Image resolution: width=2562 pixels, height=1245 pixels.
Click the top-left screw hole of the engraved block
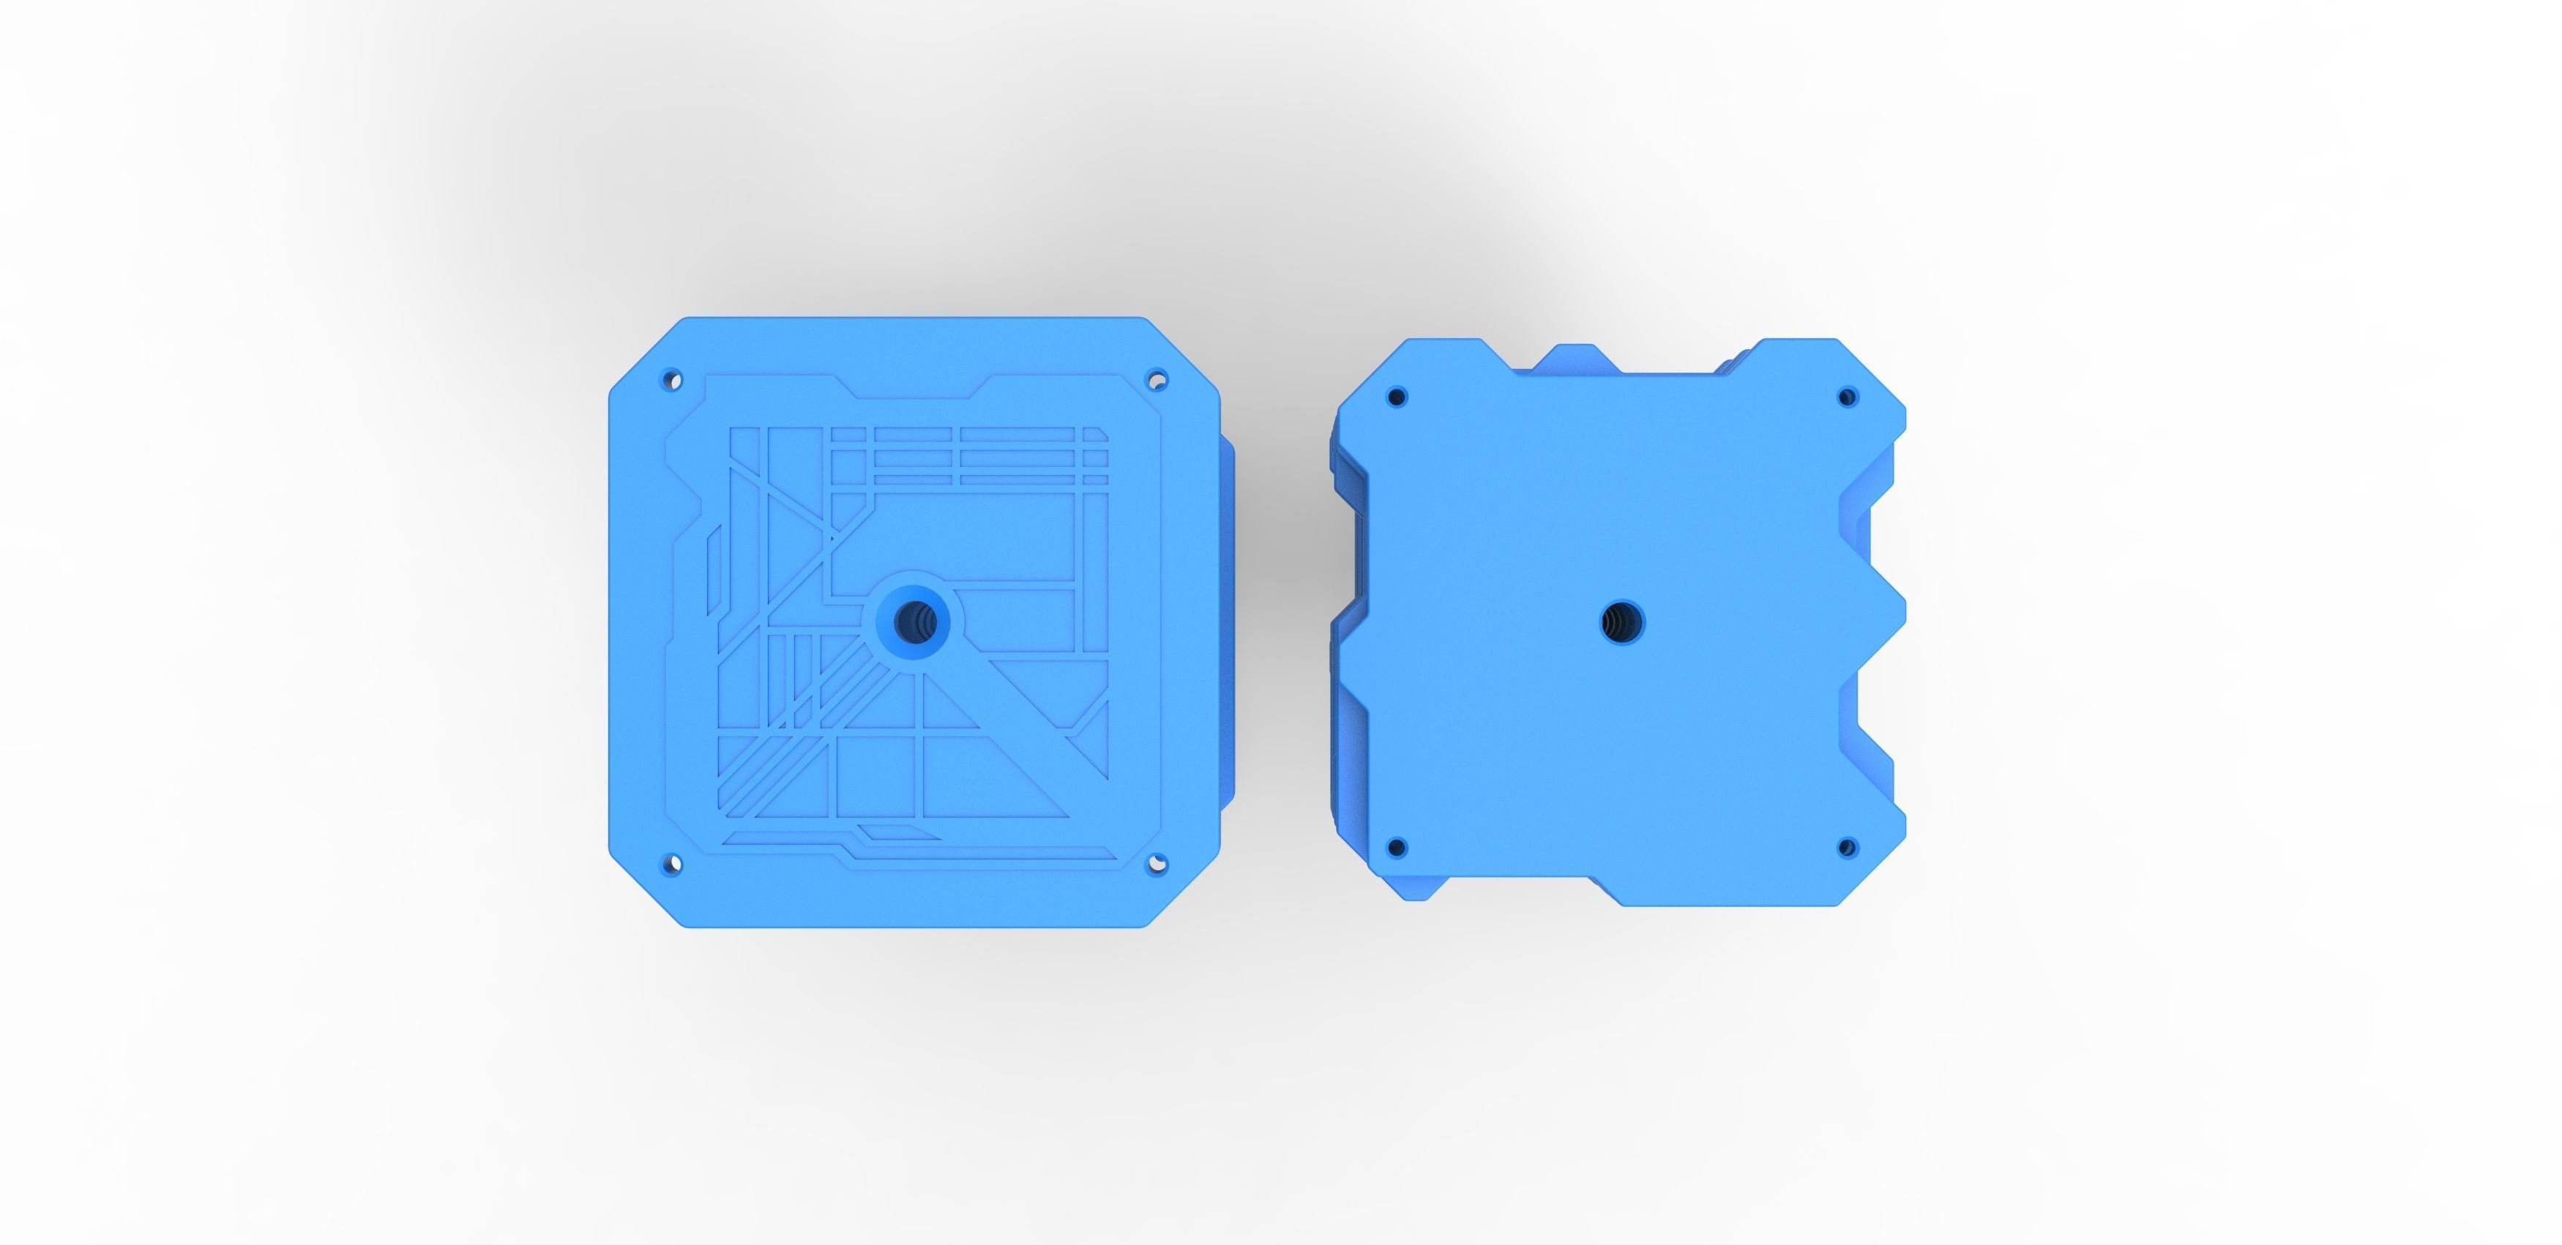click(x=672, y=379)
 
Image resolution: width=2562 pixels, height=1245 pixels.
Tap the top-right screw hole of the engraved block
click(x=1157, y=379)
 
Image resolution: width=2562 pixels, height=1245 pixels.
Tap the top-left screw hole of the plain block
click(x=1397, y=397)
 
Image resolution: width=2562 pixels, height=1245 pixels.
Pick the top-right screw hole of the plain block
click(x=1847, y=397)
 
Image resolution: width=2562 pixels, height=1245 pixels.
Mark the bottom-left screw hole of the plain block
click(x=1397, y=848)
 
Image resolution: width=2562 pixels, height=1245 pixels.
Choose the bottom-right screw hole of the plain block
click(x=1847, y=848)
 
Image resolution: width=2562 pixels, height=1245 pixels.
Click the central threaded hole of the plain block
click(x=1622, y=622)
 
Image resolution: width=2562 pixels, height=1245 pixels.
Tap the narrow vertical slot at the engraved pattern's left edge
click(x=713, y=572)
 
